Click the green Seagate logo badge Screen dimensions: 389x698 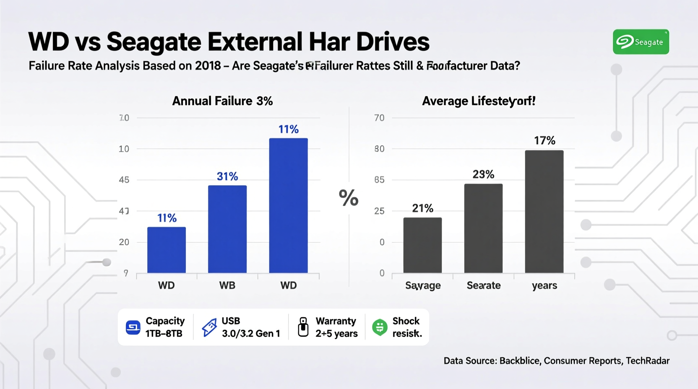641,42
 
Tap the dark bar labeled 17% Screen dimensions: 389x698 544,212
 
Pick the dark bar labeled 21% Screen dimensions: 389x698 422,245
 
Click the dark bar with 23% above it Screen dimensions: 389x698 483,228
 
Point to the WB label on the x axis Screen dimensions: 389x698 227,285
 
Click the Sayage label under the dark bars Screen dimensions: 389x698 423,285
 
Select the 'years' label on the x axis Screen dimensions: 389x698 544,285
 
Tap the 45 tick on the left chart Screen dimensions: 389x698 124,180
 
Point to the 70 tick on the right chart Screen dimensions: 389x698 379,118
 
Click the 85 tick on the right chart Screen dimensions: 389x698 379,180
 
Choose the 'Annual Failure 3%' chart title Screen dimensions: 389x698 222,101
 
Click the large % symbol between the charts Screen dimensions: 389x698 349,198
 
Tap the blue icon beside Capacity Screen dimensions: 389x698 133,327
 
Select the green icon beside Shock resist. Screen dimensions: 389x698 380,327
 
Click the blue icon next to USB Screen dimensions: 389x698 209,327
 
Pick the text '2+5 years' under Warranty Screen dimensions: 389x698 336,334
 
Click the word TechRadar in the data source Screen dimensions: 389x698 648,361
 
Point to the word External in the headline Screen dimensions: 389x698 255,42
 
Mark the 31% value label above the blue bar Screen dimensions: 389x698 227,176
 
